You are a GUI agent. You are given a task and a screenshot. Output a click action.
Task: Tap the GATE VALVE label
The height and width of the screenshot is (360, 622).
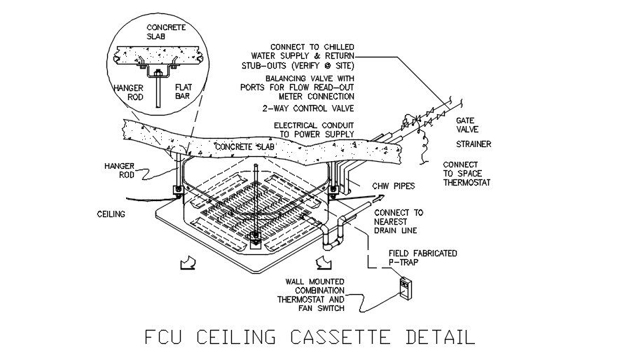coord(468,125)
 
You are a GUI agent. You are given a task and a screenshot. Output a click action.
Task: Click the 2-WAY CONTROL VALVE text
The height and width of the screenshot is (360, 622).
coord(309,109)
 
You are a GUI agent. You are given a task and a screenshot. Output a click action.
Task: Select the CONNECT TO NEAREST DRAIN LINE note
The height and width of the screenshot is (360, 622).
coord(399,222)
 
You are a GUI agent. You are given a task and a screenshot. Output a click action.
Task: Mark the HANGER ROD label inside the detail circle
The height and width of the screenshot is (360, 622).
coord(128,93)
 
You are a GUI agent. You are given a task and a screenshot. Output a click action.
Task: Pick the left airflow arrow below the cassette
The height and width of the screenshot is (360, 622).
coord(188,263)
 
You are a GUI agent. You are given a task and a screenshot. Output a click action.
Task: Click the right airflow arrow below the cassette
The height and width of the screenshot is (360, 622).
coord(323,262)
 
